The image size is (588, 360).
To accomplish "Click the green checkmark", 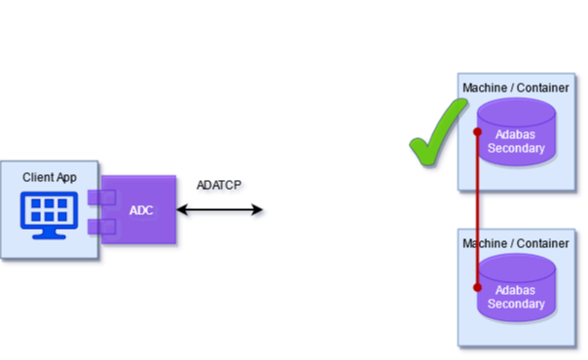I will [x=435, y=141].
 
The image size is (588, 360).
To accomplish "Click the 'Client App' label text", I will [x=50, y=177].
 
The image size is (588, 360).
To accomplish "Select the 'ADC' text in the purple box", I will [x=142, y=211].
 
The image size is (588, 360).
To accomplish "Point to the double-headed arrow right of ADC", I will [x=221, y=211].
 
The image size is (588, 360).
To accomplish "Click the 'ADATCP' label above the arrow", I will [x=220, y=186].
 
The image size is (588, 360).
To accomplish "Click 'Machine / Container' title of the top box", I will [x=516, y=89].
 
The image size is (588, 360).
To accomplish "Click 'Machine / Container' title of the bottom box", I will [x=516, y=242].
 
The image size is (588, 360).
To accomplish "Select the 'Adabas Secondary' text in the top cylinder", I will [x=516, y=141].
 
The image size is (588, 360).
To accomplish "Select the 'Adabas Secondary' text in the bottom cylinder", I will [x=516, y=297].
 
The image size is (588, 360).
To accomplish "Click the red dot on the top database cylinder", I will [x=477, y=132].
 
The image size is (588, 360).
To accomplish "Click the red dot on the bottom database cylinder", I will [x=477, y=287].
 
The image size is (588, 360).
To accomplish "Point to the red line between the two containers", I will [x=477, y=209].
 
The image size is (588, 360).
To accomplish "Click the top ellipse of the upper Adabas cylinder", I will [x=516, y=110].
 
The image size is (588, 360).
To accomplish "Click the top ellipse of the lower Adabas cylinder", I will [x=516, y=266].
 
